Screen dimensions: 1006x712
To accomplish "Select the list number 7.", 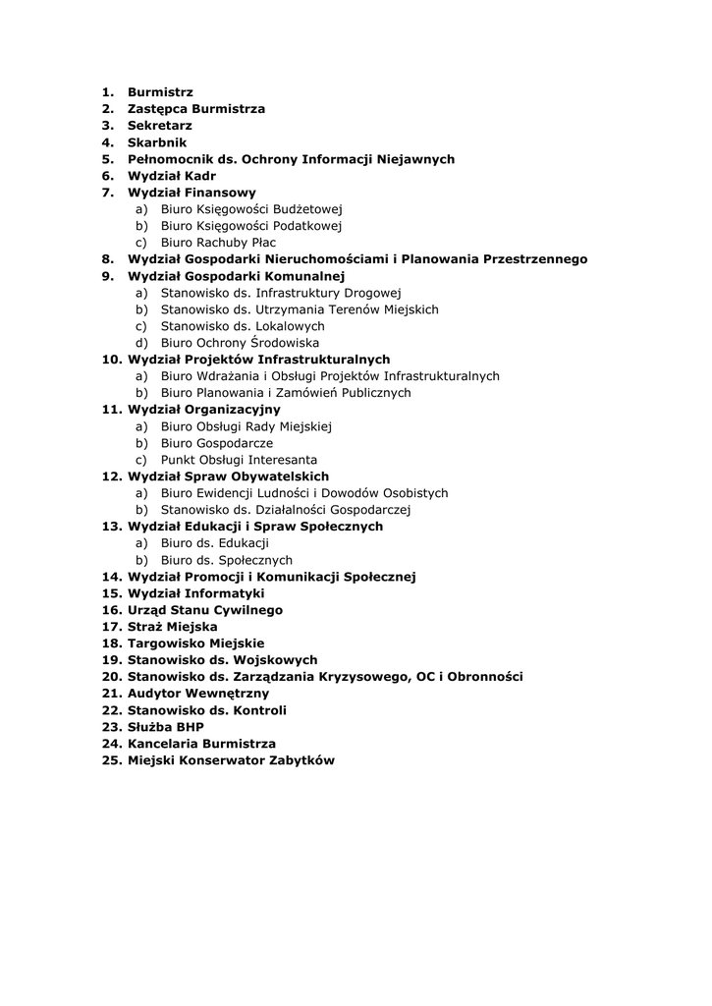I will coord(107,193).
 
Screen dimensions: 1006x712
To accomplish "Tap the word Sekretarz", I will coord(159,126).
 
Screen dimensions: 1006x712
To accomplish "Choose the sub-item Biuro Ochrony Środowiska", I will coord(240,343).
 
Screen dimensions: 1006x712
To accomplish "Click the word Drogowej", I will coord(374,293).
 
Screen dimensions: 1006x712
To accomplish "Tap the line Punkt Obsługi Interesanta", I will coord(239,460).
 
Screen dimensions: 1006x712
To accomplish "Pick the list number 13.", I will coord(111,527).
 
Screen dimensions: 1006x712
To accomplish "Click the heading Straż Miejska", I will coord(172,627).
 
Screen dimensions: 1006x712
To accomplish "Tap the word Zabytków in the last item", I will coord(301,760).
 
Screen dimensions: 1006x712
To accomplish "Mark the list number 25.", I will coord(111,760).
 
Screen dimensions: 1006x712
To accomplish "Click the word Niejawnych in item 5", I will coord(415,159).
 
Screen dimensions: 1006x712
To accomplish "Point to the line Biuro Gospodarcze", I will coord(217,443).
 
